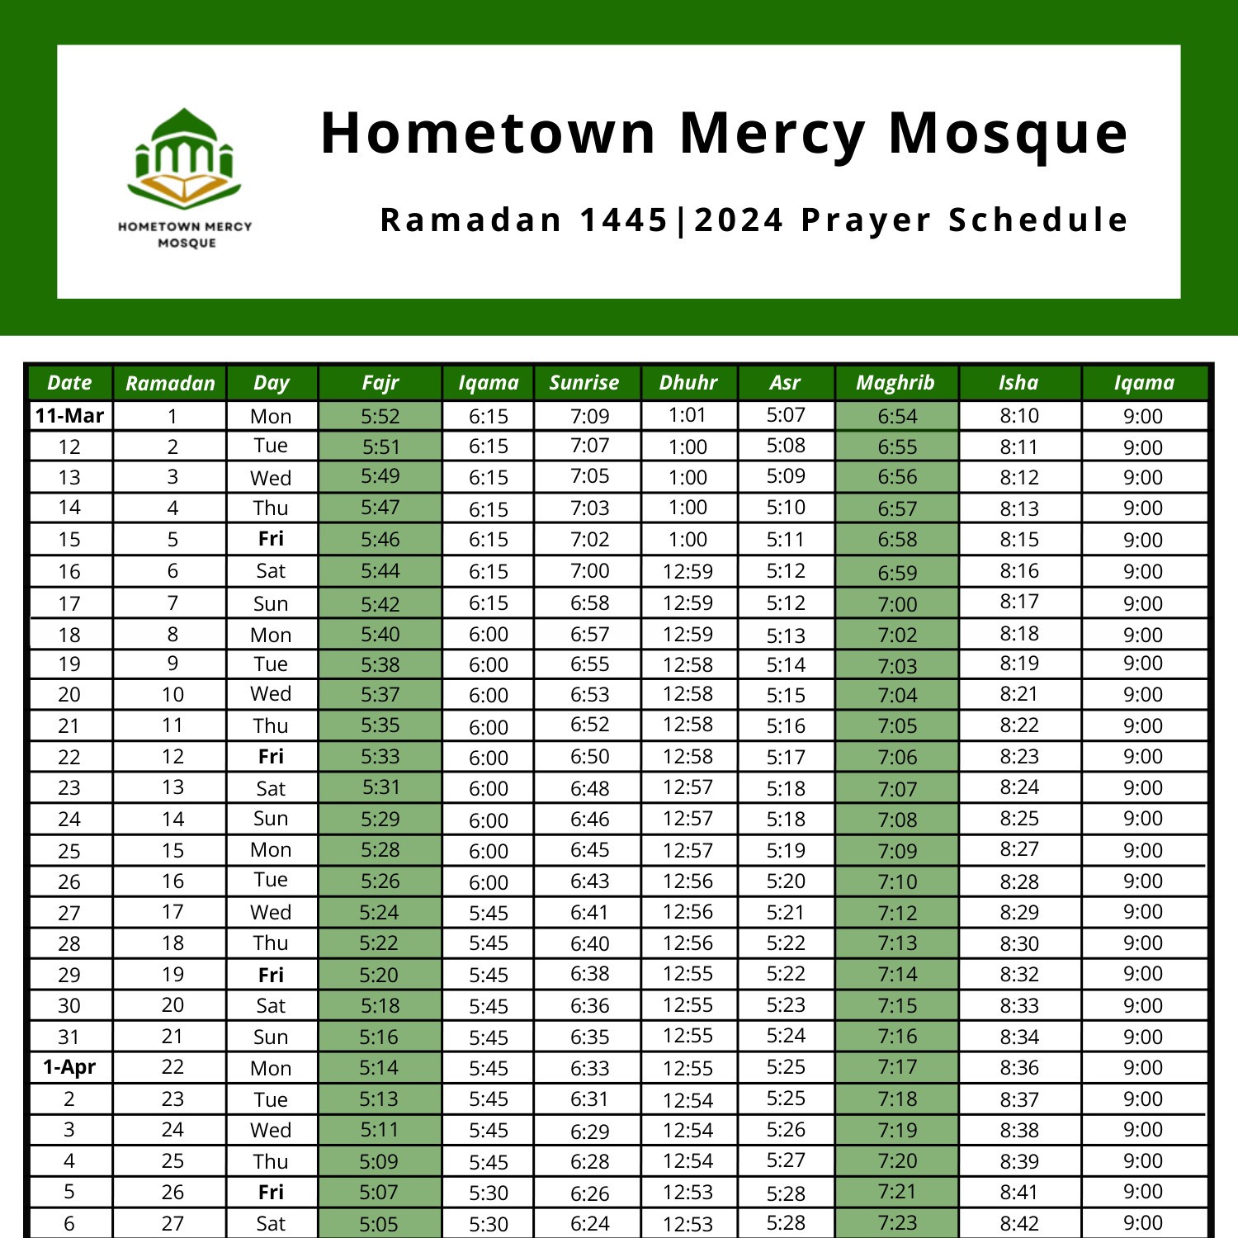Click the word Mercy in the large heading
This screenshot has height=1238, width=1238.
point(773,134)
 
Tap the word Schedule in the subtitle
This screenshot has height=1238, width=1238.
point(1037,220)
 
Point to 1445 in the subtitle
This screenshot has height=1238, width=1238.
point(624,220)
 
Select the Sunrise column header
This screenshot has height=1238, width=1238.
point(584,383)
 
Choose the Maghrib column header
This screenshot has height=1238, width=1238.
point(895,383)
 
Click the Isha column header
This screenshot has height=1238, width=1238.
point(1018,383)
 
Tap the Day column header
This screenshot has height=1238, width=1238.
point(271,383)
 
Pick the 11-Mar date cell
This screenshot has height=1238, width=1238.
point(69,416)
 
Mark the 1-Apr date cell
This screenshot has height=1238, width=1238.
point(69,1067)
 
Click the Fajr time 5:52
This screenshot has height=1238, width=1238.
point(380,417)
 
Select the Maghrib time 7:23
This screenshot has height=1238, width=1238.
point(897,1222)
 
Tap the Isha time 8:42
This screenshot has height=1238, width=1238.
point(1019,1223)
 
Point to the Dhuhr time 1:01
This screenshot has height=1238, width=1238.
point(688,415)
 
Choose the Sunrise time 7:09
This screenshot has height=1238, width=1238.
point(589,417)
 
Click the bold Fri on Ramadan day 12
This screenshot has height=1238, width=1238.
point(271,757)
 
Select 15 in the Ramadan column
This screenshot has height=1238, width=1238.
point(172,850)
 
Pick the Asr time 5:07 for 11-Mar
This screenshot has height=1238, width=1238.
point(785,415)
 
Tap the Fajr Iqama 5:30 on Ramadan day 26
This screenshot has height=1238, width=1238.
point(489,1193)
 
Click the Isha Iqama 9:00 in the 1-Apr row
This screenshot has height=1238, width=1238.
point(1143,1067)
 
